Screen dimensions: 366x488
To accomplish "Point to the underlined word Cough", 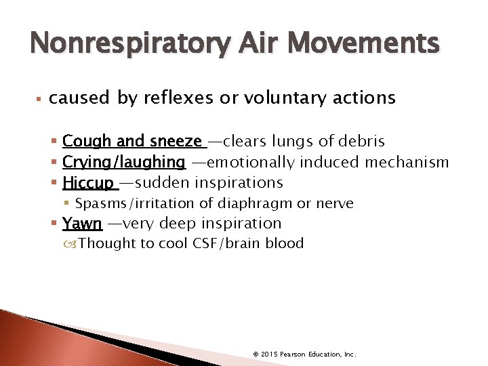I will pos(87,141).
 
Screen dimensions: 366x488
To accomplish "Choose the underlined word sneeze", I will pos(177,141).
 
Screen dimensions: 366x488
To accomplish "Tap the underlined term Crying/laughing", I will pos(124,162).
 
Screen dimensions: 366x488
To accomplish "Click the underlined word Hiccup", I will pos(88,183).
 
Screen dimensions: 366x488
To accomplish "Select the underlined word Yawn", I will pos(82,223).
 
